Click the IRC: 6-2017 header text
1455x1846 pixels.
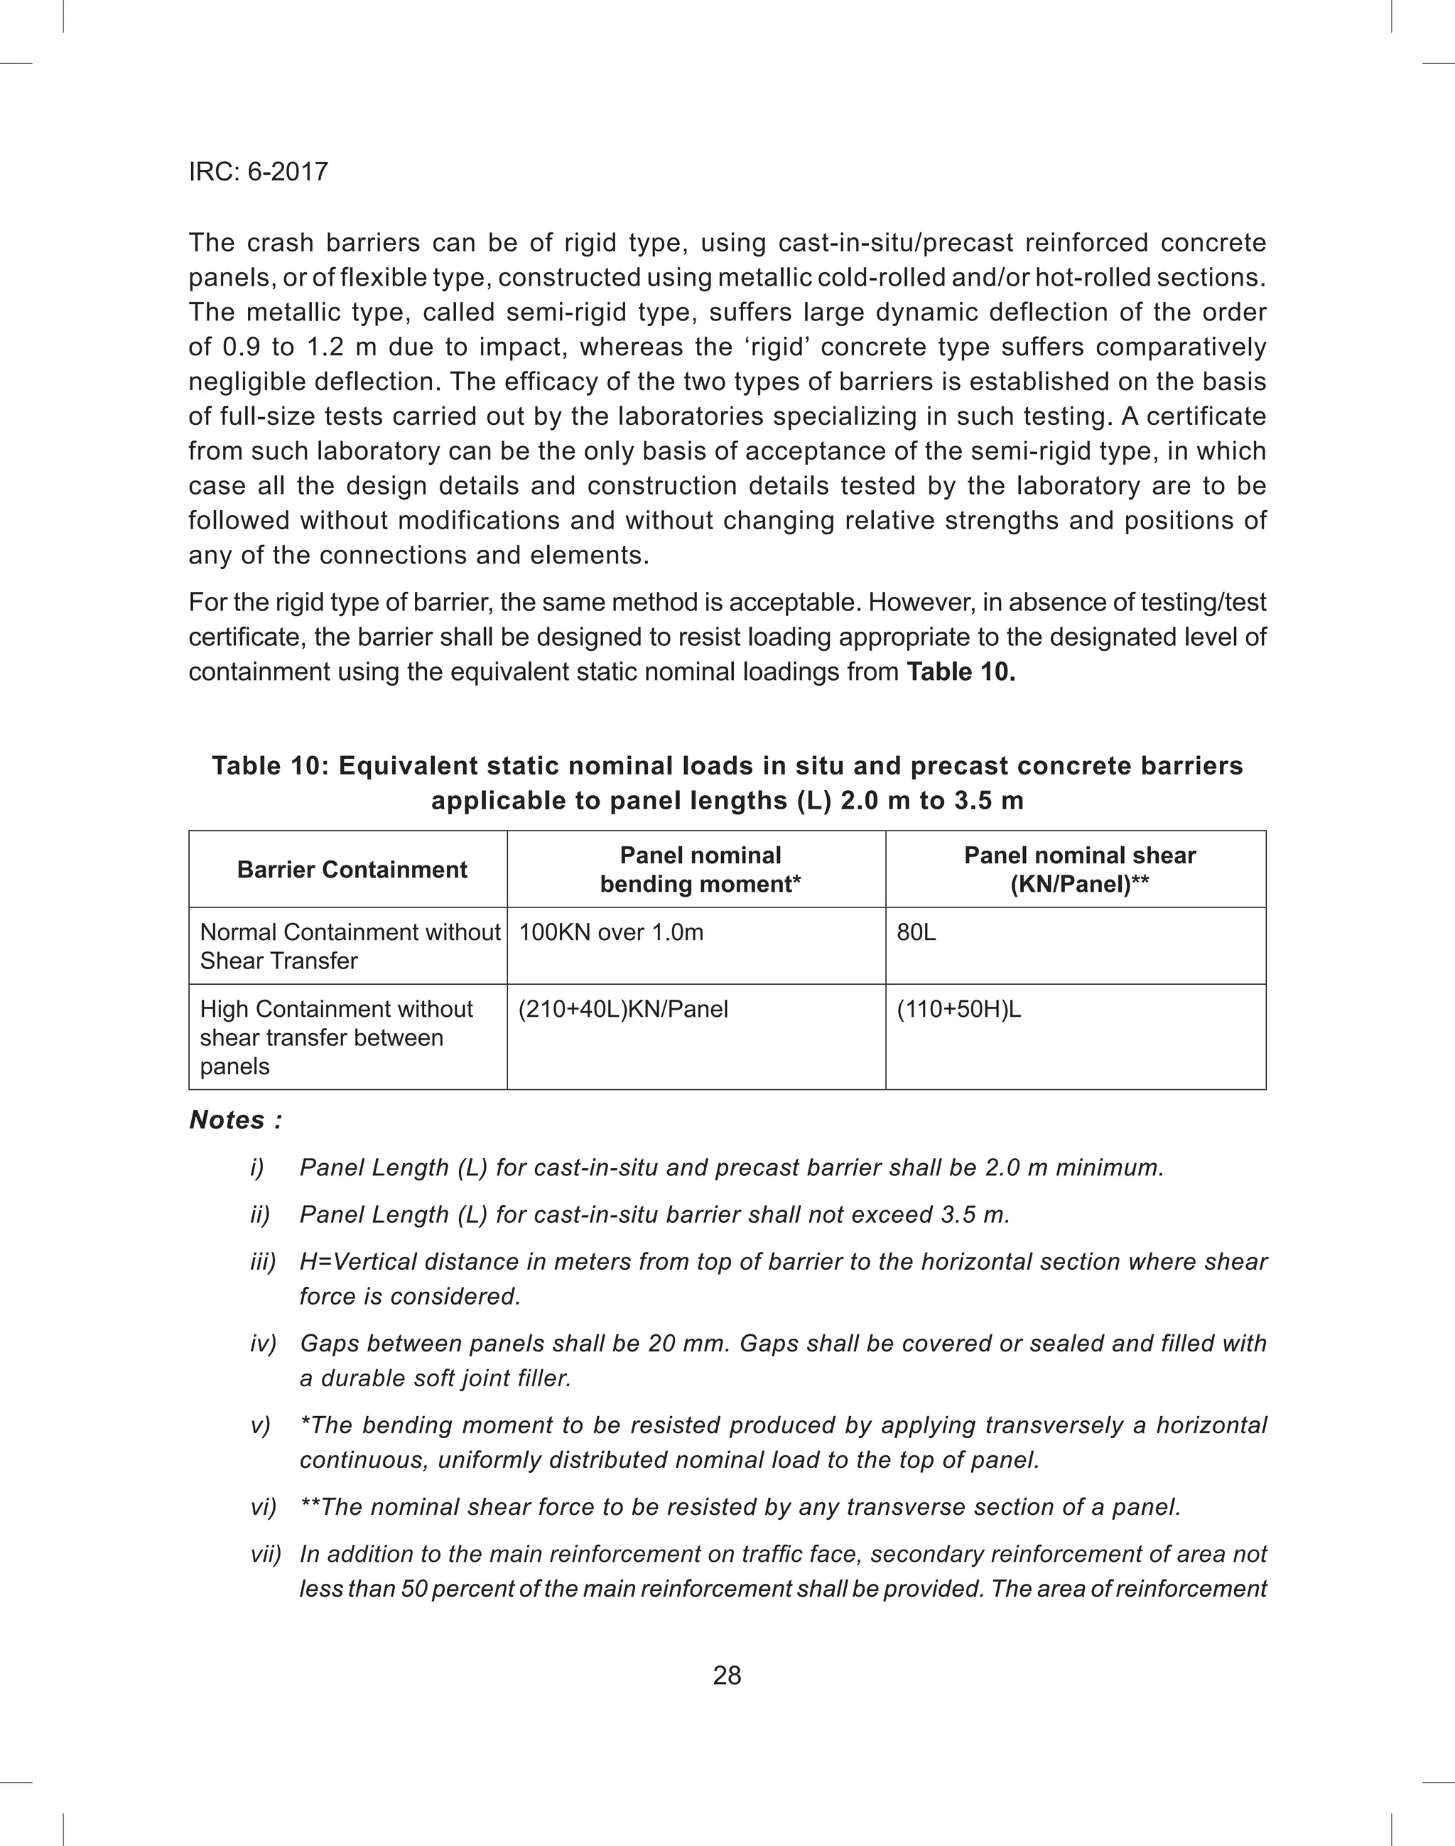pyautogui.click(x=258, y=172)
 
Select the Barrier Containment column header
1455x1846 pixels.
pyautogui.click(x=352, y=870)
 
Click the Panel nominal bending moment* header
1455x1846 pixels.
pyautogui.click(x=701, y=870)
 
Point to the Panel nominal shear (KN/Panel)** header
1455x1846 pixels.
pyautogui.click(x=1079, y=870)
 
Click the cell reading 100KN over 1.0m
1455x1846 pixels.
pyautogui.click(x=611, y=933)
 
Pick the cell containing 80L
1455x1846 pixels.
pyautogui.click(x=916, y=933)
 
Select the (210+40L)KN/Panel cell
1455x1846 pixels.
pyautogui.click(x=624, y=1010)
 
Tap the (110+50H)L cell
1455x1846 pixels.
pyautogui.click(x=959, y=1010)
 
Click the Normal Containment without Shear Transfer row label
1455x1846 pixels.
pyautogui.click(x=350, y=946)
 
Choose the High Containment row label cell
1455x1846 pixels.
pyautogui.click(x=337, y=1037)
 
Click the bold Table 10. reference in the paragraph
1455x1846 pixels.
pyautogui.click(x=961, y=672)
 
